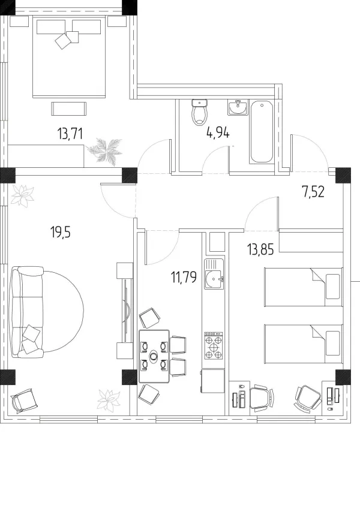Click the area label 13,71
(x=70, y=134)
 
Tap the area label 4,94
(x=218, y=132)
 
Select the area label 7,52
(x=313, y=192)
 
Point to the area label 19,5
(x=61, y=232)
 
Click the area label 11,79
(x=184, y=277)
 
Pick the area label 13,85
(x=260, y=249)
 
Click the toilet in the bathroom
(x=199, y=112)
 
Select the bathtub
(x=261, y=132)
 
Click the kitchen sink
(x=214, y=274)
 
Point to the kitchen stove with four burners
(x=214, y=345)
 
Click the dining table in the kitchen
(x=154, y=356)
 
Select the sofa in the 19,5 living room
(x=27, y=312)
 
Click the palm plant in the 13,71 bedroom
(x=104, y=150)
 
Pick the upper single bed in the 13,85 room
(x=304, y=287)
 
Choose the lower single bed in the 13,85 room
(x=304, y=344)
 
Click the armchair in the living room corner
(x=25, y=400)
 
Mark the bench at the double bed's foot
(x=69, y=108)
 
